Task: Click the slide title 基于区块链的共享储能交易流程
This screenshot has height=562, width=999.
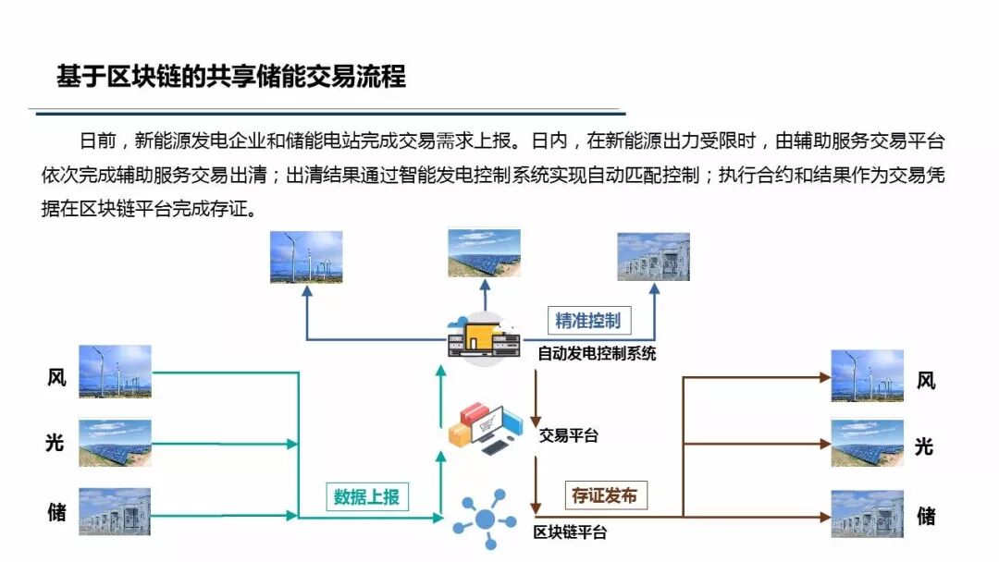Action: click(x=231, y=76)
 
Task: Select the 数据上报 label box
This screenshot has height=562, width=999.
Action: click(x=366, y=495)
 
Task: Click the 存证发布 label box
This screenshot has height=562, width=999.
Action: click(x=604, y=495)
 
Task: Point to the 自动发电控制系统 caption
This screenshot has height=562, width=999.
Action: click(x=597, y=353)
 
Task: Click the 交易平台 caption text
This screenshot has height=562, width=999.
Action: click(x=568, y=435)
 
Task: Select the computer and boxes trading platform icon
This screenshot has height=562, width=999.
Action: click(x=484, y=428)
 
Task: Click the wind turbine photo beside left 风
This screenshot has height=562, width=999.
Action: click(x=115, y=371)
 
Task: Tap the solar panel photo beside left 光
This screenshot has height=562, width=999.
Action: click(x=115, y=443)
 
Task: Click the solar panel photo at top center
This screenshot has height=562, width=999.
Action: click(x=484, y=253)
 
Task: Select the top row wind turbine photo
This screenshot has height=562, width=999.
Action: click(x=306, y=256)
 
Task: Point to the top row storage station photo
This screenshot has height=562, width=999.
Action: click(x=653, y=256)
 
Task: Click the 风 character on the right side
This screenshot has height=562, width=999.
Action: click(x=925, y=380)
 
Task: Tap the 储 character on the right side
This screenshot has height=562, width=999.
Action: click(x=925, y=515)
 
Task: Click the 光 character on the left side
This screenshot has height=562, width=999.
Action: click(x=56, y=443)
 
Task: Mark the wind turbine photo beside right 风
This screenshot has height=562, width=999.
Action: click(x=867, y=375)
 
